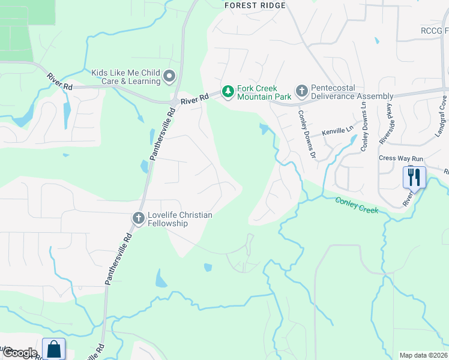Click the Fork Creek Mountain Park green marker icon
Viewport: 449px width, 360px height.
click(x=228, y=92)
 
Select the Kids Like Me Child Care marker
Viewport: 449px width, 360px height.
click(x=169, y=76)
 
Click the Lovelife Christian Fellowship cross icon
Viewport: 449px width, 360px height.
click(x=138, y=218)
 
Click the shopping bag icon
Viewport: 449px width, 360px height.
click(x=54, y=349)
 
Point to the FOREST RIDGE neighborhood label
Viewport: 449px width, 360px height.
click(x=255, y=5)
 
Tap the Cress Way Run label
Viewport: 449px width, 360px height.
click(x=402, y=158)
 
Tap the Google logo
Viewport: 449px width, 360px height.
click(x=19, y=353)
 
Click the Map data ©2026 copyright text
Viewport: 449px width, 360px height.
click(x=424, y=355)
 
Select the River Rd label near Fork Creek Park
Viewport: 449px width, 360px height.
click(x=195, y=97)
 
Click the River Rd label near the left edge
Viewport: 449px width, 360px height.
click(x=60, y=82)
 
